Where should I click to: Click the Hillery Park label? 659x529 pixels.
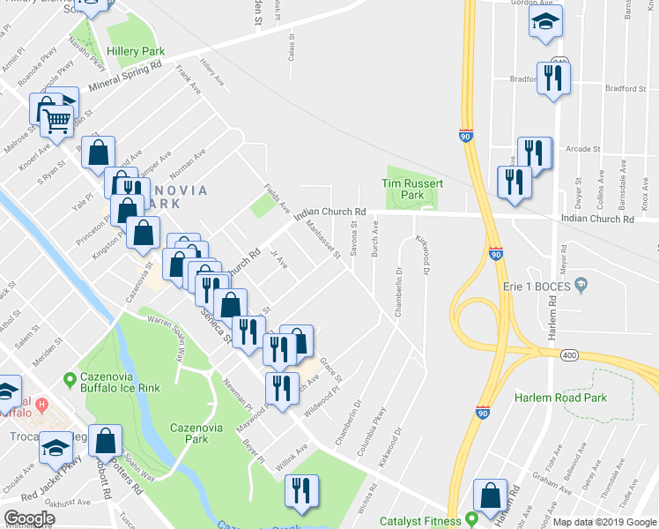(x=136, y=52)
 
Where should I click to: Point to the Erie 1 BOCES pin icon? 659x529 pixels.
(x=580, y=284)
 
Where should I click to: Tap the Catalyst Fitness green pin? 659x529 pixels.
(x=471, y=518)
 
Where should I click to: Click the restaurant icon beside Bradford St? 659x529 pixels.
(x=553, y=78)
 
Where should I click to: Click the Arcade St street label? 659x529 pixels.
(x=583, y=149)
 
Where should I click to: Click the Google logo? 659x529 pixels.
(x=28, y=518)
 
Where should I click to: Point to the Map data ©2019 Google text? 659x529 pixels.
(x=603, y=522)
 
